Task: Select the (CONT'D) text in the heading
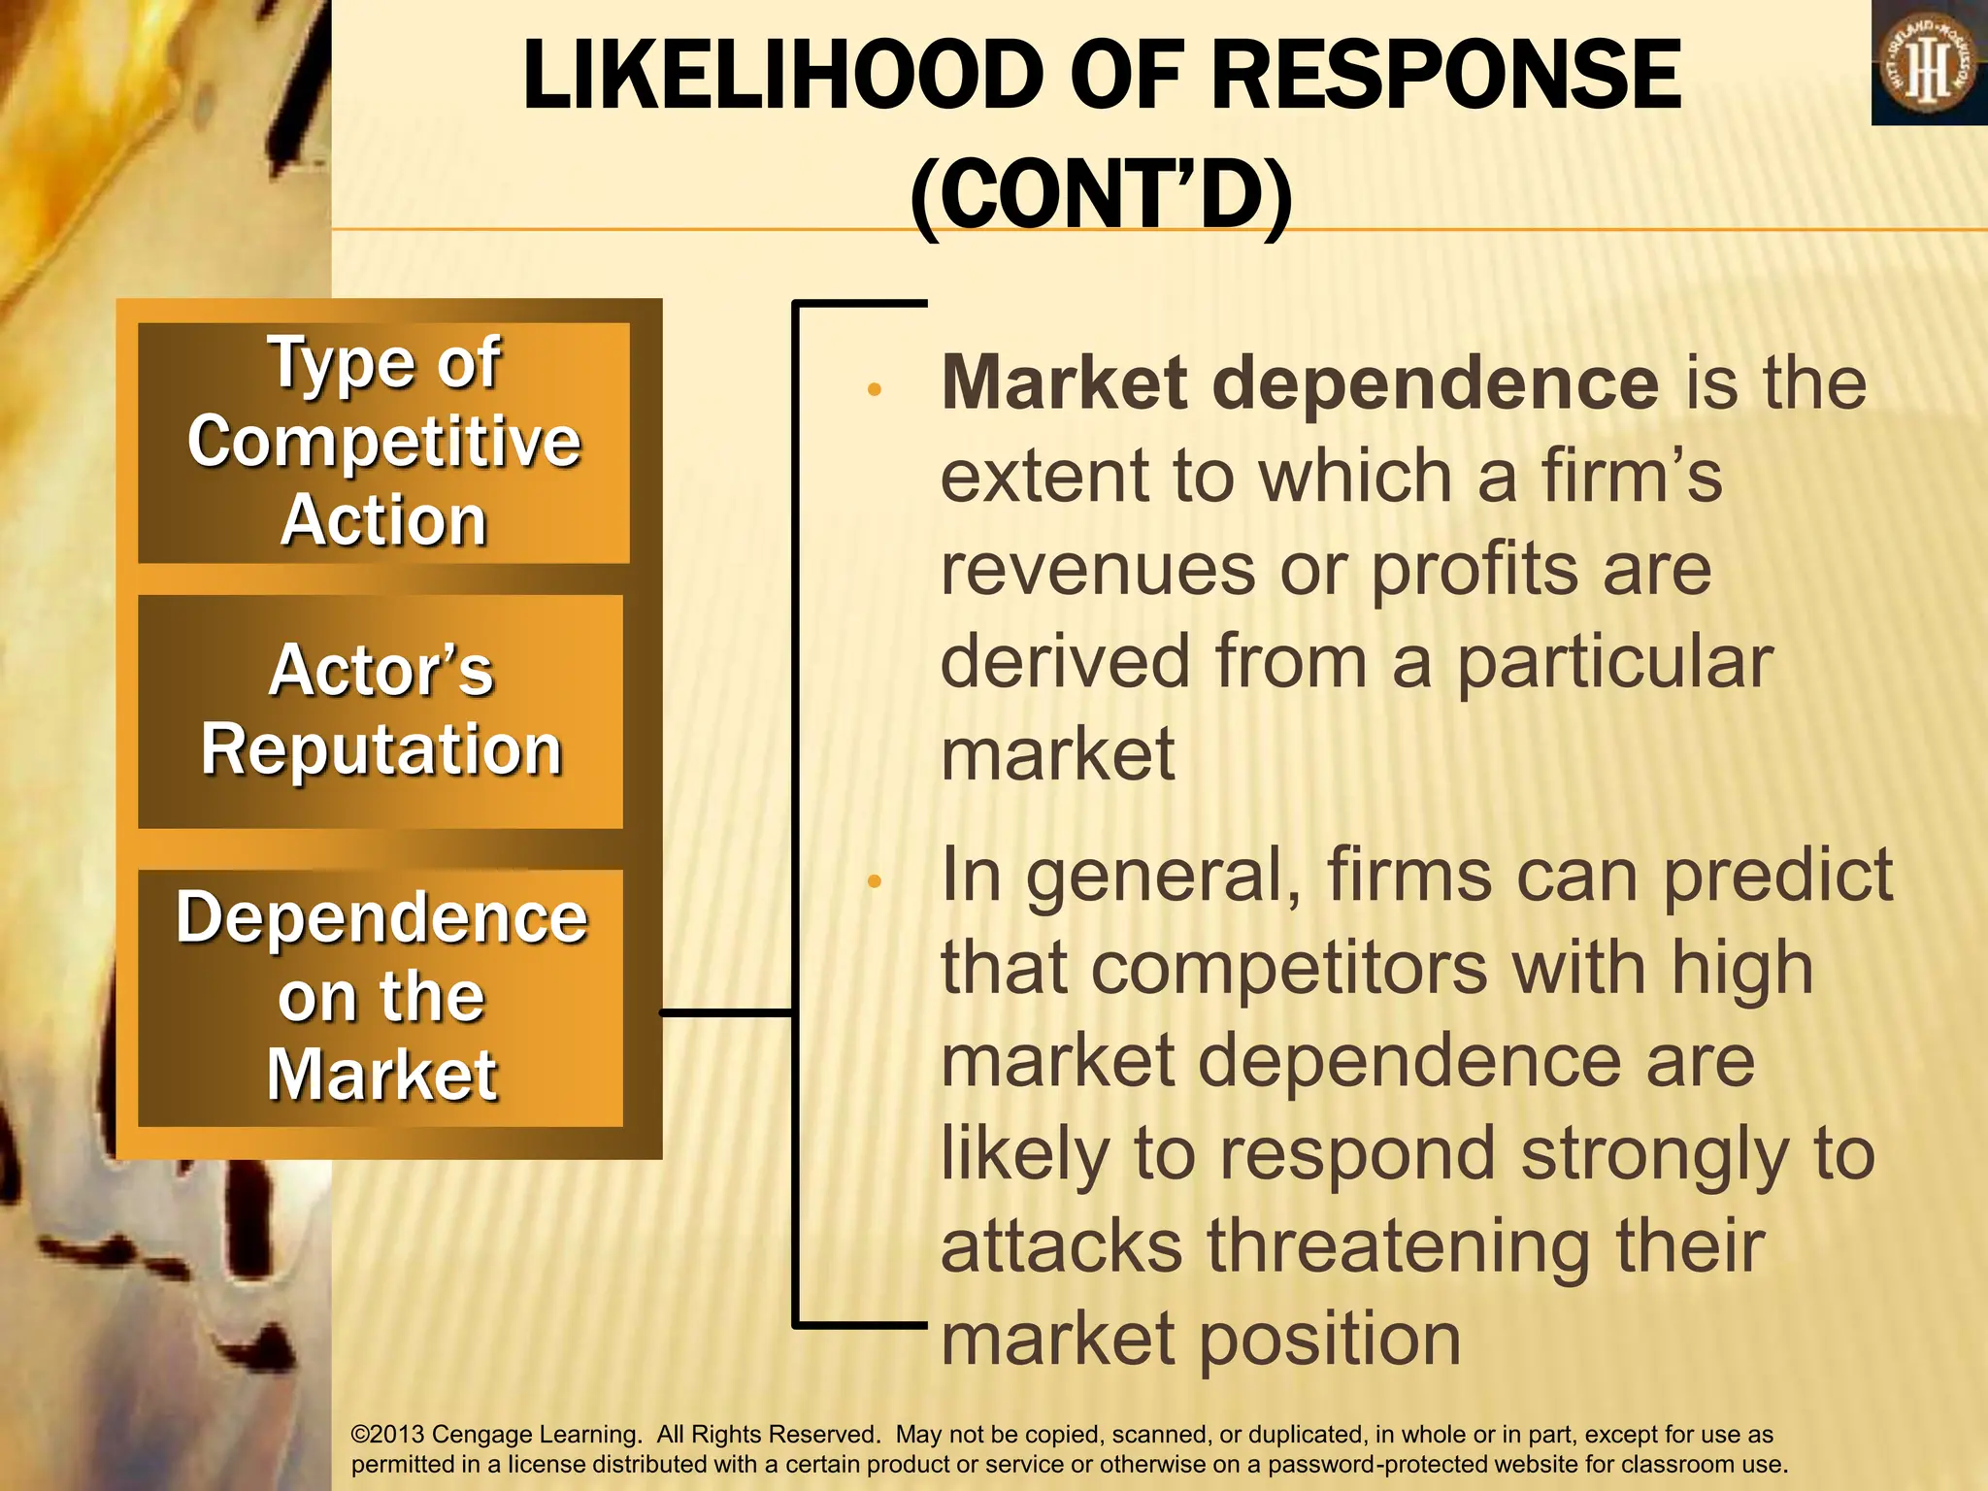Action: (1102, 194)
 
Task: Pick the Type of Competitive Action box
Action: (383, 443)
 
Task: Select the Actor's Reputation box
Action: (381, 711)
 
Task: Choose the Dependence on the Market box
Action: (381, 997)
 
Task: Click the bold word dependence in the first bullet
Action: (1437, 382)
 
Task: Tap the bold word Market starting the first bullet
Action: (1064, 382)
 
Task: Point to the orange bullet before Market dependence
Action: (874, 390)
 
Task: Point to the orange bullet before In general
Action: (874, 881)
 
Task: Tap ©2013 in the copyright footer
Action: (387, 1435)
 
